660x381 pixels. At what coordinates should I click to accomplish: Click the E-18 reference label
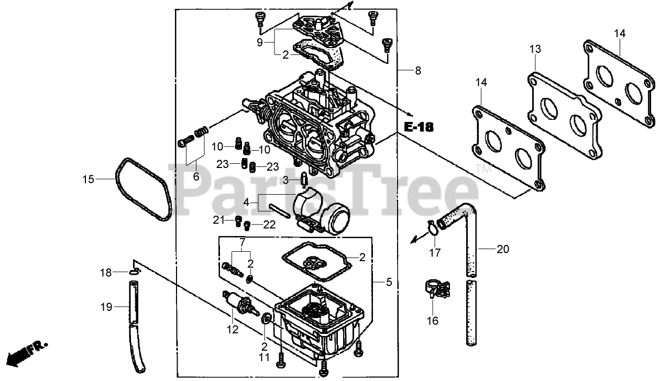(x=419, y=127)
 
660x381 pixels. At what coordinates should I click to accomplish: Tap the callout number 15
(x=88, y=180)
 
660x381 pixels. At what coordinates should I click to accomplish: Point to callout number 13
(x=534, y=50)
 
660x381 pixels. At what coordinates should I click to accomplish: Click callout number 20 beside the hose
(x=502, y=249)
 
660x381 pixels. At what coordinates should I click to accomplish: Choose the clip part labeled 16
(x=435, y=288)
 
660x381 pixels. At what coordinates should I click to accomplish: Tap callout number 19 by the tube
(x=106, y=307)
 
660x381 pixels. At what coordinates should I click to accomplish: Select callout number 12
(x=233, y=329)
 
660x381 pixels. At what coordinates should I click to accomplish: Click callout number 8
(x=417, y=71)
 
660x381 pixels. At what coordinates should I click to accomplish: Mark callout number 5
(x=389, y=282)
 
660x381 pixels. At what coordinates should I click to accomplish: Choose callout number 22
(x=269, y=225)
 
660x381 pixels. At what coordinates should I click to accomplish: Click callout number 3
(x=286, y=180)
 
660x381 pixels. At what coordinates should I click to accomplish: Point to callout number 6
(x=196, y=176)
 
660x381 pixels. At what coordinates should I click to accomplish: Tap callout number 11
(x=265, y=358)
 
